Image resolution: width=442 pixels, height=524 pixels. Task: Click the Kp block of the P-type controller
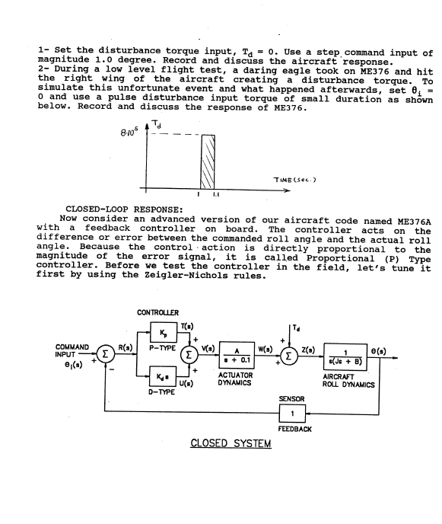[164, 332]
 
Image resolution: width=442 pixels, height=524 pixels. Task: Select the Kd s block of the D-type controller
[163, 376]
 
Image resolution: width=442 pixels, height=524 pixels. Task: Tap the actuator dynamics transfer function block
[237, 355]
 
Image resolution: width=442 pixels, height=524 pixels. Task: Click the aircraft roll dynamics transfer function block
[345, 356]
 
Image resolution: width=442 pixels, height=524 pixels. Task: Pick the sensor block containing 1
[292, 414]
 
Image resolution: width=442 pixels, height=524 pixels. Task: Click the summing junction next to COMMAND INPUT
[106, 354]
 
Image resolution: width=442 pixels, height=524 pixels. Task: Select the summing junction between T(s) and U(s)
[189, 355]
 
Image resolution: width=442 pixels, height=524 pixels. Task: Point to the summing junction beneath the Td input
[289, 356]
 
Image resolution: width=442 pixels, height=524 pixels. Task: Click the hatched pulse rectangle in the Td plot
[208, 162]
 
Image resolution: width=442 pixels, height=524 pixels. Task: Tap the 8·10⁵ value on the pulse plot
[129, 133]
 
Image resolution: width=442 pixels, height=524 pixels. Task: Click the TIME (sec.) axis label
[294, 180]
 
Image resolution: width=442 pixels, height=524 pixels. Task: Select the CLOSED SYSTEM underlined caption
[231, 443]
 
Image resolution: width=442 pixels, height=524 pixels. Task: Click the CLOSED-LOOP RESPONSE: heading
[124, 209]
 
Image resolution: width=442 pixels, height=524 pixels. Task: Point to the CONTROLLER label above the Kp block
[158, 312]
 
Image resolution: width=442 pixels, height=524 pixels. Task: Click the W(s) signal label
[265, 350]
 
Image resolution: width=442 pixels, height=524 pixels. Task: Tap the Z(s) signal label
[308, 350]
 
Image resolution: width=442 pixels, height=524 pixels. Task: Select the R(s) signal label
[126, 347]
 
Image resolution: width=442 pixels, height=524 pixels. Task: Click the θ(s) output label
[379, 351]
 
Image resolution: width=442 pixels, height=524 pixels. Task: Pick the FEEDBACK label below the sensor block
[294, 429]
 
